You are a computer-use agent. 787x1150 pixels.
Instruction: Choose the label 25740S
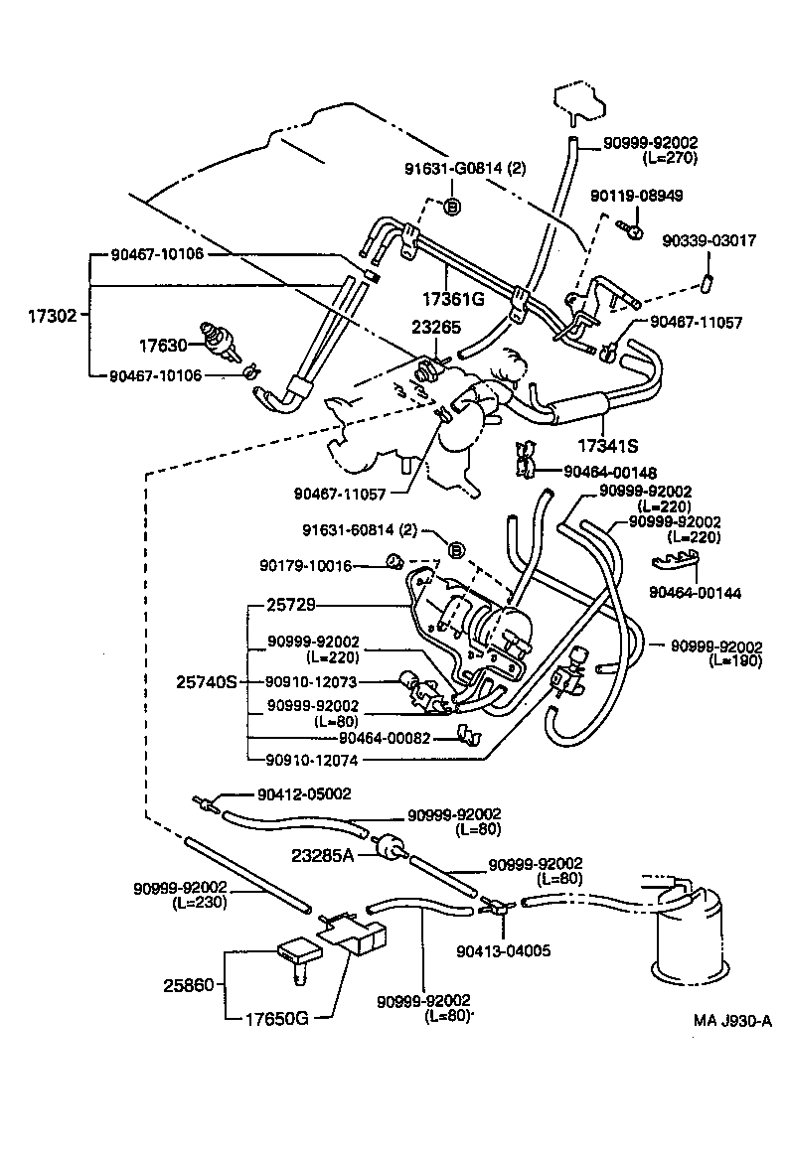coord(207,682)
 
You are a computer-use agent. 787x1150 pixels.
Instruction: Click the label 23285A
coord(323,853)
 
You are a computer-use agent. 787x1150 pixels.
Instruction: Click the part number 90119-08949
coord(636,196)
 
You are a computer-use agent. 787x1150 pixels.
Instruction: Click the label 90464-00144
coord(696,592)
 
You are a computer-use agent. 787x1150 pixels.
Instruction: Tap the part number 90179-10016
coord(306,565)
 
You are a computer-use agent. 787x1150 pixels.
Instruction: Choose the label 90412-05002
coord(303,793)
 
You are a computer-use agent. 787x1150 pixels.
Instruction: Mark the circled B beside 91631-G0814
coord(449,207)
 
